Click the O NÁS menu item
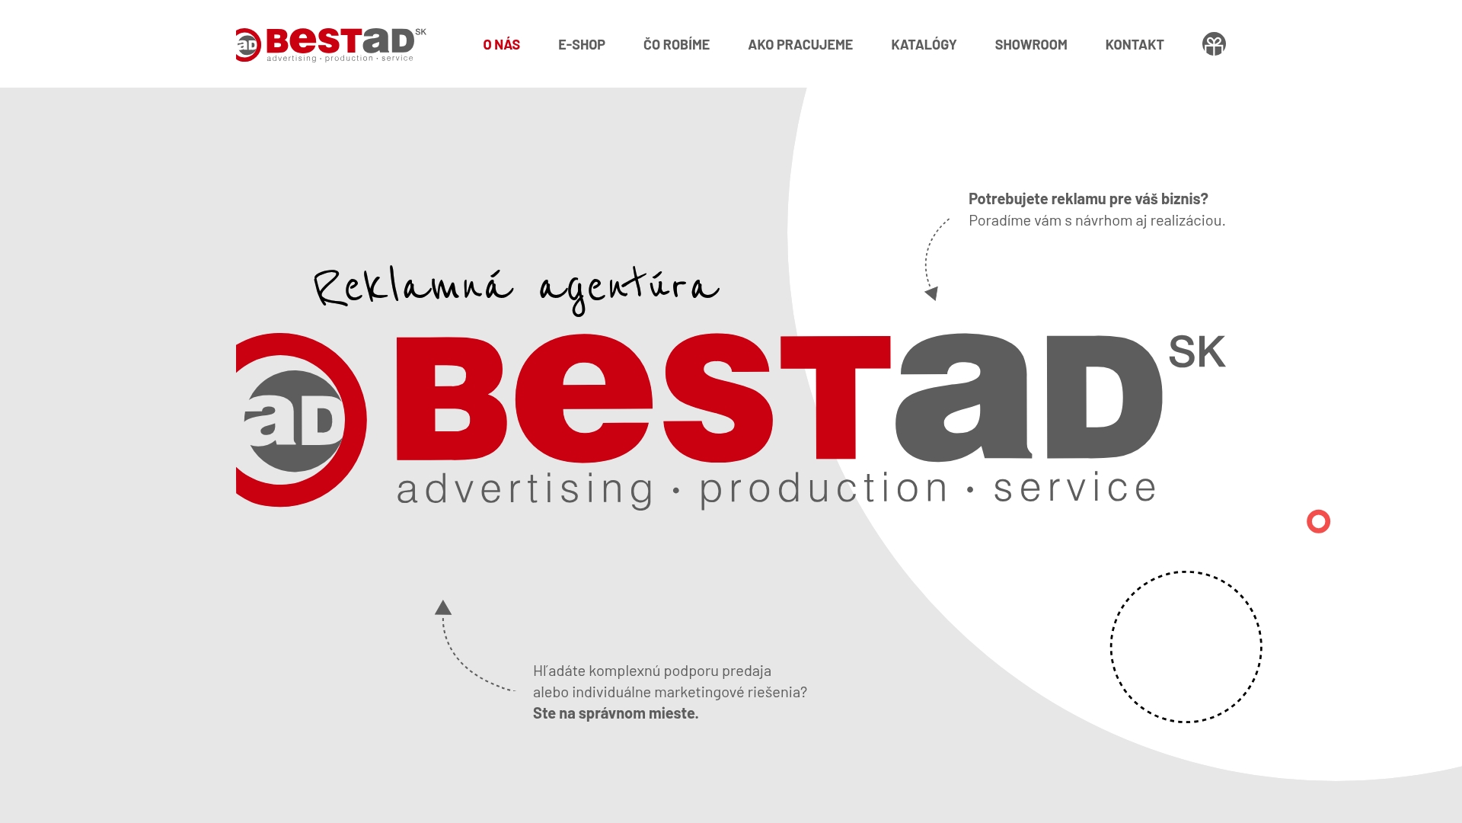(501, 44)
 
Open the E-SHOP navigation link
(581, 44)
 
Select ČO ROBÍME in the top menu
(676, 44)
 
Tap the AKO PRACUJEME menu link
(800, 44)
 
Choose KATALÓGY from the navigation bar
(923, 44)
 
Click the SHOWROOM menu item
(1030, 44)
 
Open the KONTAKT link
(1134, 44)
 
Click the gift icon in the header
(1214, 44)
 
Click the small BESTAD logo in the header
(330, 44)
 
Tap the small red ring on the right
(1318, 521)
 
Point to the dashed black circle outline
(1110, 646)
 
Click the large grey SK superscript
(1196, 352)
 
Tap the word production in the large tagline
(823, 488)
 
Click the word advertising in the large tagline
(525, 488)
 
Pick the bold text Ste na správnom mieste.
(615, 713)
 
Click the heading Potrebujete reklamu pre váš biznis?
(1087, 199)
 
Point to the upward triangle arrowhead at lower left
(443, 607)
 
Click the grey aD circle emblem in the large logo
(295, 421)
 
